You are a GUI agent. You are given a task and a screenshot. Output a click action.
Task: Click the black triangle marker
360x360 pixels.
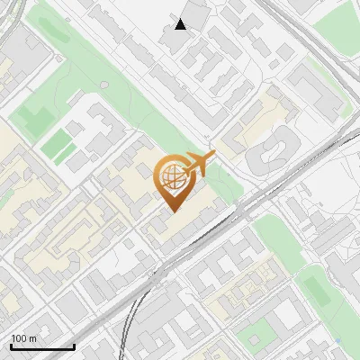(181, 24)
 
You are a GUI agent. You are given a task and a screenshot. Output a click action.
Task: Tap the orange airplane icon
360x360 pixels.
(199, 164)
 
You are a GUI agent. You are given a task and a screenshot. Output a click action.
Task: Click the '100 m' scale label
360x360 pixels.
(24, 338)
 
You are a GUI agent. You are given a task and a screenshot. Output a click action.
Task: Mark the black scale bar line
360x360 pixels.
(41, 346)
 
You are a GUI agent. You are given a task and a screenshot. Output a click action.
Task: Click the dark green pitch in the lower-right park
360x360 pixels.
(315, 288)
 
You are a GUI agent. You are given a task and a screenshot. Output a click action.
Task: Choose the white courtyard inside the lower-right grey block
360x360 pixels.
(288, 315)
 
